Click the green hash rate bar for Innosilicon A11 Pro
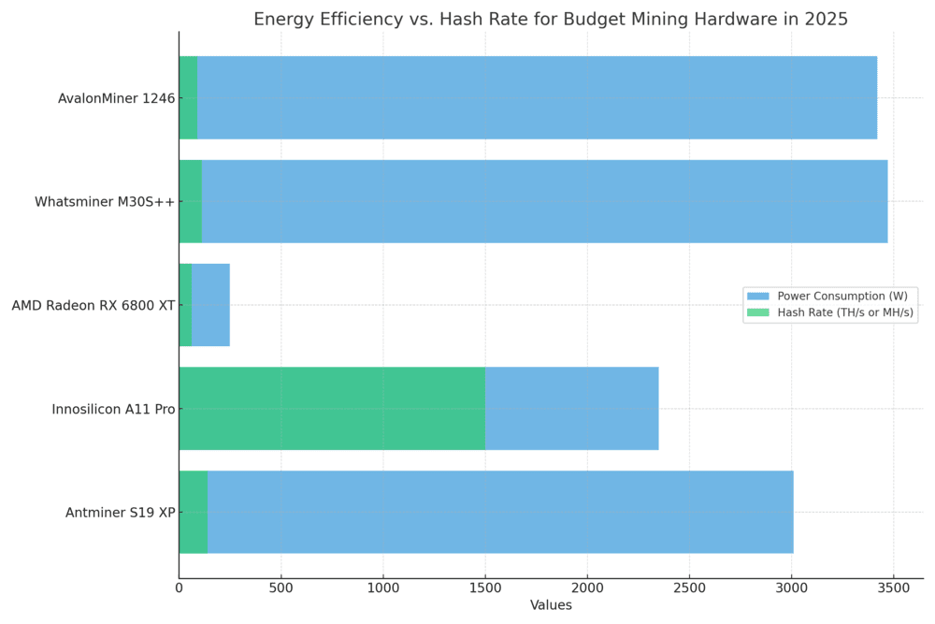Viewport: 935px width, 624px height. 332,409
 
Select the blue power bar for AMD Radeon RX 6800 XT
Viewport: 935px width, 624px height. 210,305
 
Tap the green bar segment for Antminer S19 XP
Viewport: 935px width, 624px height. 194,512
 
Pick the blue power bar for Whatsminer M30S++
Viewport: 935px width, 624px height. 544,201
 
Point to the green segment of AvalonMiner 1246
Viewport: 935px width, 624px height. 189,98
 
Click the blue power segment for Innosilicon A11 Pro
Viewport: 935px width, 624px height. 572,409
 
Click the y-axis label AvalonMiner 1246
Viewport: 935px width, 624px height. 116,98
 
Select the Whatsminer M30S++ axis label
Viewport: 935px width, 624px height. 105,202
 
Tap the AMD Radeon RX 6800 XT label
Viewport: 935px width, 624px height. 93,305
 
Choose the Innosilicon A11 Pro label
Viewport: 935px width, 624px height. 113,409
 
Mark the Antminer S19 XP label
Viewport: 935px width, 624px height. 121,513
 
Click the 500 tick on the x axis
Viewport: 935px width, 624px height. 280,588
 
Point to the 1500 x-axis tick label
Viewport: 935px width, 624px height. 485,588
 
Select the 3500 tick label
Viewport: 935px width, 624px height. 893,588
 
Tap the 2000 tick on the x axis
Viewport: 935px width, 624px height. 587,588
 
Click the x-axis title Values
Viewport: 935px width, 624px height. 551,605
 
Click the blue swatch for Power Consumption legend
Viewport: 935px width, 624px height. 758,296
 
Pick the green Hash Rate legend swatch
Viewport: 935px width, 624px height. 758,312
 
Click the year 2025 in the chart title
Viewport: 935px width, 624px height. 826,19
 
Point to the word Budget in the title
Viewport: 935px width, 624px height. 590,20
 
